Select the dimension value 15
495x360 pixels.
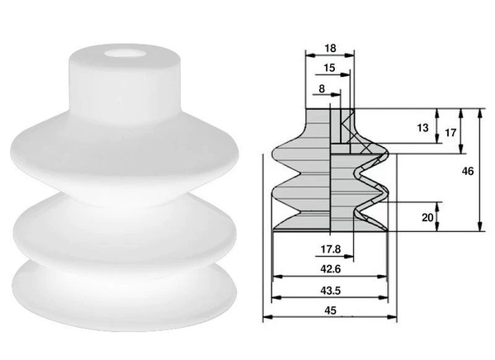(x=328, y=68)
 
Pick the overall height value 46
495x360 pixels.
(x=467, y=171)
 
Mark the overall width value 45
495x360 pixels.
(x=330, y=310)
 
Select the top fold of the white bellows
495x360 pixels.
(x=124, y=161)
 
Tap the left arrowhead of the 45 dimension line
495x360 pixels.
(x=266, y=318)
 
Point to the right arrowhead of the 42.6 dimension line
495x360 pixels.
(x=387, y=276)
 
